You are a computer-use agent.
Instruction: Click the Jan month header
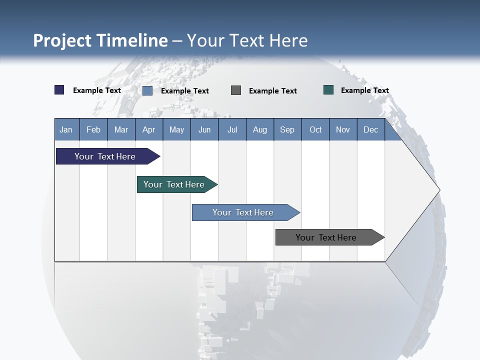click(66, 129)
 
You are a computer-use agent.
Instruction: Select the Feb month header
click(93, 129)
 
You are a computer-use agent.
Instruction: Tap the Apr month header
click(148, 129)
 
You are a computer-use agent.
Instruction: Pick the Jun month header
click(204, 129)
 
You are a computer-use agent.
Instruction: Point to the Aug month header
click(260, 129)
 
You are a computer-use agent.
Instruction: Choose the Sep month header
click(287, 129)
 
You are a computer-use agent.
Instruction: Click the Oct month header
click(315, 129)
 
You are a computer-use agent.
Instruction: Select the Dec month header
click(370, 129)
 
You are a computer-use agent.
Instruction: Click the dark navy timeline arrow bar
click(105, 156)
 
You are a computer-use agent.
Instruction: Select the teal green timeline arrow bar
click(174, 184)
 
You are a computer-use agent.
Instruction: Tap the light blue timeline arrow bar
click(243, 212)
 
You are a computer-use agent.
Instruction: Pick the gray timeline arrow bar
click(326, 237)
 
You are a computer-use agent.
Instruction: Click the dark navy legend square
click(59, 90)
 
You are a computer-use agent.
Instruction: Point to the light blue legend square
click(147, 90)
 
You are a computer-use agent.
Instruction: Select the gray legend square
click(236, 90)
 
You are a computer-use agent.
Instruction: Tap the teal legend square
click(328, 90)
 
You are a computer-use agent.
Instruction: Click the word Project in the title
click(62, 40)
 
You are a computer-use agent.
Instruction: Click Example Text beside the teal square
click(364, 90)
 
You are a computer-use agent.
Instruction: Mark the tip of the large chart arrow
click(439, 190)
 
